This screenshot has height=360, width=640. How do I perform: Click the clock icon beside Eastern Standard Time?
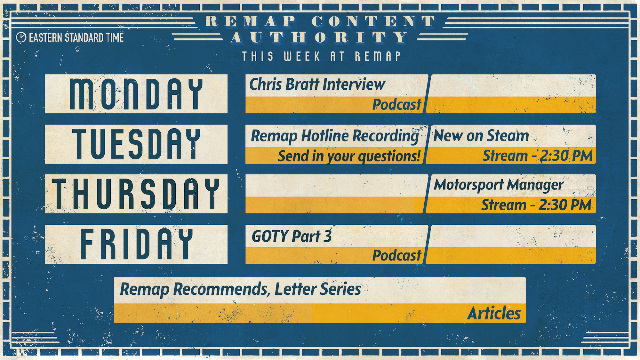(x=21, y=37)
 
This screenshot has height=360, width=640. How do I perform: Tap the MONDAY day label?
(x=136, y=94)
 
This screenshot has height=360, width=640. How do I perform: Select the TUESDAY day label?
(x=136, y=144)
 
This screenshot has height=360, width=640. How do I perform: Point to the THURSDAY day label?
(x=136, y=194)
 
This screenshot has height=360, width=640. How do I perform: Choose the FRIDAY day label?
(x=136, y=244)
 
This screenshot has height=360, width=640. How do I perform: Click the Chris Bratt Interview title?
(x=317, y=84)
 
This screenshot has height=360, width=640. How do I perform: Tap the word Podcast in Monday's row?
(x=397, y=105)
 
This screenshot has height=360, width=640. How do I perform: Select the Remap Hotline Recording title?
(x=335, y=136)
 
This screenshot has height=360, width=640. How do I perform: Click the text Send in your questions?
(x=349, y=156)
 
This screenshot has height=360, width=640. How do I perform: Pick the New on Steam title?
(x=481, y=135)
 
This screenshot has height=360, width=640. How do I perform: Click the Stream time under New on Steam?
(x=538, y=156)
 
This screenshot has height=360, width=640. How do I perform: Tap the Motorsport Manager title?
(x=499, y=185)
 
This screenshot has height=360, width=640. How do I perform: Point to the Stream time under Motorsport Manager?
(x=536, y=205)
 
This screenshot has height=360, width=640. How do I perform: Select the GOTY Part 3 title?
(x=292, y=236)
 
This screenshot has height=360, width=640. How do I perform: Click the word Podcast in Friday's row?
(x=397, y=255)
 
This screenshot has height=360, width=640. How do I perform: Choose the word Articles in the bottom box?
(x=494, y=313)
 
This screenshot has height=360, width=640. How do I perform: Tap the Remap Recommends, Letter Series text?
(x=240, y=289)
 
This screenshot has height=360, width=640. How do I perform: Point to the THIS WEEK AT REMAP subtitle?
(x=321, y=56)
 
